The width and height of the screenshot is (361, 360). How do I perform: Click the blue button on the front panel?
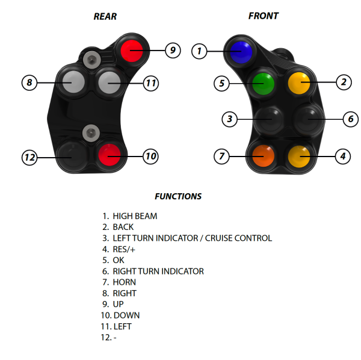pos(239,51)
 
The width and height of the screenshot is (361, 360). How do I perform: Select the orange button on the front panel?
pos(262,157)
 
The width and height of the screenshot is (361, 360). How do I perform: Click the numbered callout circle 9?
pos(173,51)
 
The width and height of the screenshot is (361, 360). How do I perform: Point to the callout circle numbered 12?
pos(29,158)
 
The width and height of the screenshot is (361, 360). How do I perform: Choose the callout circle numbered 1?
pos(200,51)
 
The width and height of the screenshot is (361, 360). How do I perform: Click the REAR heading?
pos(105,16)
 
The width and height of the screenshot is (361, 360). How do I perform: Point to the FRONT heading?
pos(264,16)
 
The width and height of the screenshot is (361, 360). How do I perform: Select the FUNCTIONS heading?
pos(178,196)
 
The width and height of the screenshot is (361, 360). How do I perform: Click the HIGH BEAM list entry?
pos(135,216)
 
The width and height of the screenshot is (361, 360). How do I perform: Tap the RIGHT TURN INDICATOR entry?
pos(158,272)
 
